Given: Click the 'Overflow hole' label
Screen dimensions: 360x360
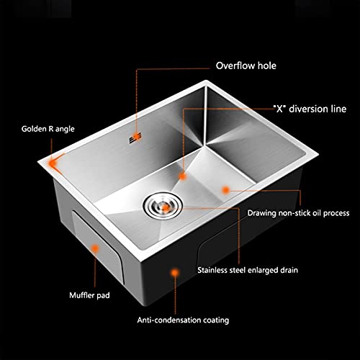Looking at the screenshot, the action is pyautogui.click(x=246, y=66).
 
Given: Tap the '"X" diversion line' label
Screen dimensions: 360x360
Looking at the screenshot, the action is pyautogui.click(x=310, y=109).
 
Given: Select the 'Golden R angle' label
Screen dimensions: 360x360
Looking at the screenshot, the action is pyautogui.click(x=48, y=129).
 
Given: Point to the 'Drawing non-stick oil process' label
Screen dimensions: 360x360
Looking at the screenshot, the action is pyautogui.click(x=298, y=213).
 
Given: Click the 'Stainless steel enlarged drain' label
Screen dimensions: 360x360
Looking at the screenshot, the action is pyautogui.click(x=248, y=270).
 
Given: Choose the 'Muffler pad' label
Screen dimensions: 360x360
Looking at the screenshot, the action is pyautogui.click(x=89, y=295).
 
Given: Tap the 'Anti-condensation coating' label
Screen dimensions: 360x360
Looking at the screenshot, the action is pyautogui.click(x=183, y=320).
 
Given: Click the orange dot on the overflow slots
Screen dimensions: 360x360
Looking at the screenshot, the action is pyautogui.click(x=137, y=137).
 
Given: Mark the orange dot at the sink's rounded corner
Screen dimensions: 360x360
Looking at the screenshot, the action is pyautogui.click(x=53, y=163).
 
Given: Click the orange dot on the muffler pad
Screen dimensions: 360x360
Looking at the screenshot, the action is pyautogui.click(x=96, y=248).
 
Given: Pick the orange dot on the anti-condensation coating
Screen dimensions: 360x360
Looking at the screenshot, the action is pyautogui.click(x=175, y=273).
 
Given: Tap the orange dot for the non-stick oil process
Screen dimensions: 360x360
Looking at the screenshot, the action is pyautogui.click(x=225, y=190).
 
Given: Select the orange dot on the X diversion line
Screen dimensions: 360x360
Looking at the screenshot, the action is pyautogui.click(x=183, y=176).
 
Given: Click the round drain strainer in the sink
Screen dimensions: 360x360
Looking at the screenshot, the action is pyautogui.click(x=163, y=205).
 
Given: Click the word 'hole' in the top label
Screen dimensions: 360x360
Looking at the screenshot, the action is pyautogui.click(x=267, y=66).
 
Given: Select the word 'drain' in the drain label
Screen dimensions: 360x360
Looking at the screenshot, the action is pyautogui.click(x=289, y=270).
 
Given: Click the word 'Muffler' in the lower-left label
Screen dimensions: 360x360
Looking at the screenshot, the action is pyautogui.click(x=81, y=295).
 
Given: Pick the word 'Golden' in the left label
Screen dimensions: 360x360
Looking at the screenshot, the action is pyautogui.click(x=34, y=129).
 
